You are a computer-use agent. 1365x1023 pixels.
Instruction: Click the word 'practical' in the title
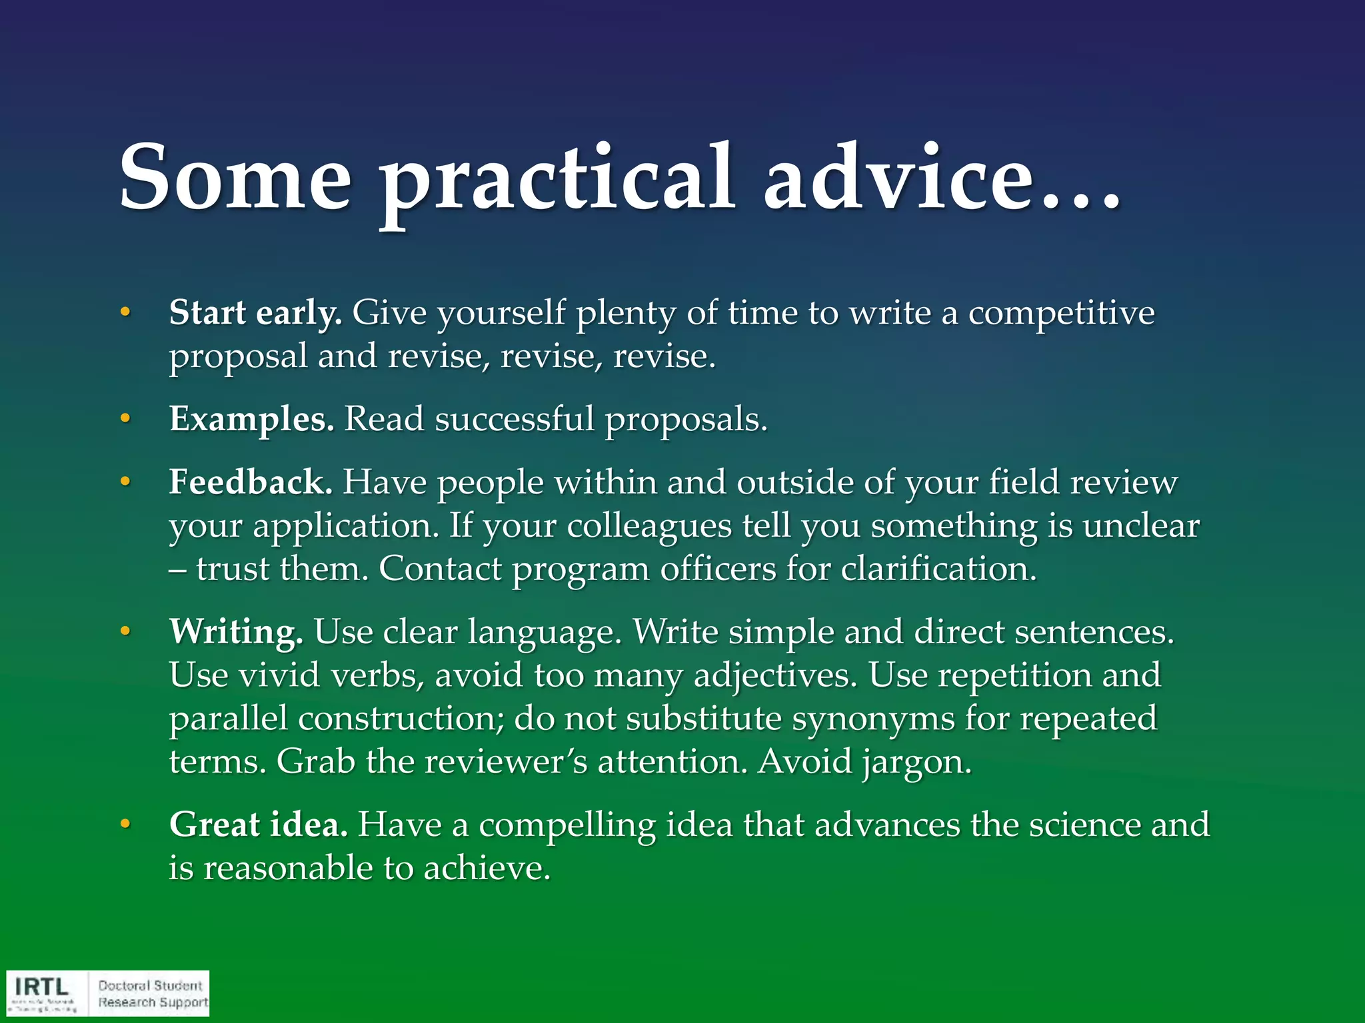tap(557, 178)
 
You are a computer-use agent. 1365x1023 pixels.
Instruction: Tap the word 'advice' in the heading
tap(896, 178)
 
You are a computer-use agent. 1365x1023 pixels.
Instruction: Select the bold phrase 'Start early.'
tap(255, 312)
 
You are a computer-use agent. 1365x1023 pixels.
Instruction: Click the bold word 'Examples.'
tap(251, 419)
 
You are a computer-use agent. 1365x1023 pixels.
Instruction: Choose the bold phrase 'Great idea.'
tap(258, 825)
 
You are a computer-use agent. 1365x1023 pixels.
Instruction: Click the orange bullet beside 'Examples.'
tap(125, 419)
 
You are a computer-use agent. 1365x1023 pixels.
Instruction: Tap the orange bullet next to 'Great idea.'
tap(125, 825)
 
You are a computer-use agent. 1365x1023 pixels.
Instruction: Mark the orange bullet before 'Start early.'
tap(125, 312)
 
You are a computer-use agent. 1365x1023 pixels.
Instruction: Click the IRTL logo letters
tap(41, 986)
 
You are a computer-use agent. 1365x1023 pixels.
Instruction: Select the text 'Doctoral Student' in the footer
tap(150, 985)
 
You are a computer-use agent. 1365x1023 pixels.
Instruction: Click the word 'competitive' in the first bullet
tap(1061, 312)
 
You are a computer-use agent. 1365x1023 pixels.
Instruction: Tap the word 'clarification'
tap(938, 569)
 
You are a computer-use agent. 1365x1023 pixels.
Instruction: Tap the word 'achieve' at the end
tap(487, 868)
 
